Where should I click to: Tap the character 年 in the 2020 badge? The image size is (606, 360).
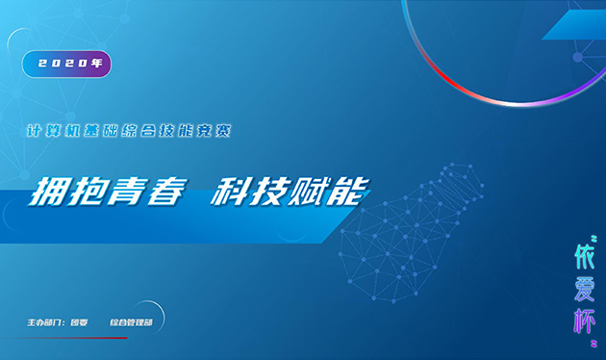point(95,64)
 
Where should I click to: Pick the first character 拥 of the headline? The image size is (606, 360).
point(54,191)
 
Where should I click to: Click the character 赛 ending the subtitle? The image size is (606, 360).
point(224,129)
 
